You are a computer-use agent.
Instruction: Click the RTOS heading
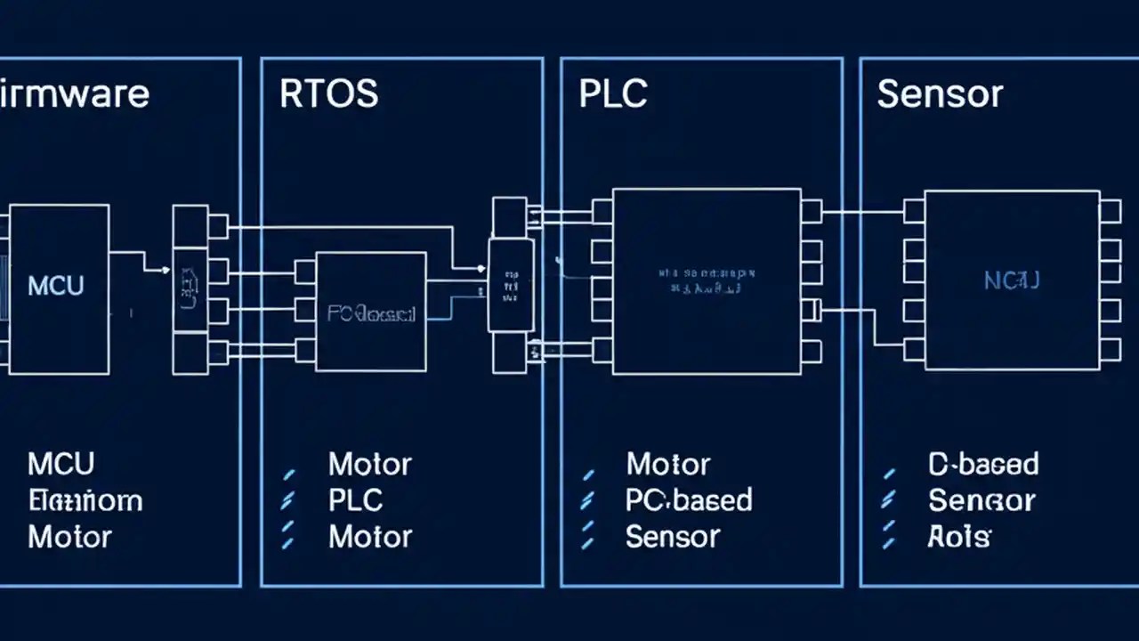pyautogui.click(x=328, y=93)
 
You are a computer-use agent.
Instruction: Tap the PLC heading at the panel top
pyautogui.click(x=613, y=93)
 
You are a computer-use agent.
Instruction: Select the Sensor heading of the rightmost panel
pyautogui.click(x=940, y=93)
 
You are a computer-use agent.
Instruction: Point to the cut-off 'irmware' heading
pyautogui.click(x=75, y=93)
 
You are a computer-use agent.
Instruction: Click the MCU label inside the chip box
pyautogui.click(x=56, y=286)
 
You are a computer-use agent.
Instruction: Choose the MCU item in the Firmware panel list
pyautogui.click(x=61, y=464)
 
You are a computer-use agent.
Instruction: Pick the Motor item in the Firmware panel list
pyautogui.click(x=69, y=537)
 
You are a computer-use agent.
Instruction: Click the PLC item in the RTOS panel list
pyautogui.click(x=356, y=500)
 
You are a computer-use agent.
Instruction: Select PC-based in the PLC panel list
pyautogui.click(x=689, y=500)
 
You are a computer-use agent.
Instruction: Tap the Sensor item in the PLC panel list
pyautogui.click(x=672, y=537)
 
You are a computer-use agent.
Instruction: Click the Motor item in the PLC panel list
pyautogui.click(x=667, y=464)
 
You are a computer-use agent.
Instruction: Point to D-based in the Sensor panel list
pyautogui.click(x=983, y=464)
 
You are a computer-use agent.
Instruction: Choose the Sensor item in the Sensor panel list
pyautogui.click(x=981, y=500)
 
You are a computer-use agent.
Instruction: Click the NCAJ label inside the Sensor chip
pyautogui.click(x=1012, y=281)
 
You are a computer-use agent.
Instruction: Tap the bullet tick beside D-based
pyautogui.click(x=888, y=473)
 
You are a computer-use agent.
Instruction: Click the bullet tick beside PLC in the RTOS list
pyautogui.click(x=287, y=502)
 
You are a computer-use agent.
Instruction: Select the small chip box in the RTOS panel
pyautogui.click(x=371, y=312)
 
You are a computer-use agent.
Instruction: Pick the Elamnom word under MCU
pyautogui.click(x=85, y=500)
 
